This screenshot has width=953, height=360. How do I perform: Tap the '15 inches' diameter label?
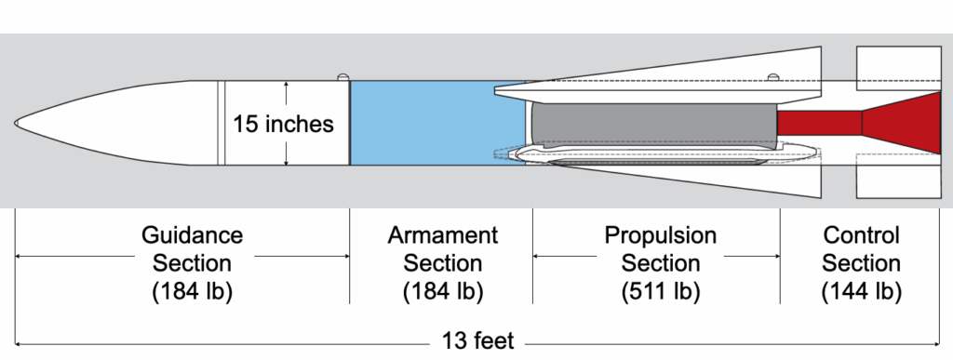tap(285, 123)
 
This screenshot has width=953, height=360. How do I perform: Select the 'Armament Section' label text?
tap(442, 248)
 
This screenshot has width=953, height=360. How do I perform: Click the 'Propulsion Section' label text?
tap(660, 248)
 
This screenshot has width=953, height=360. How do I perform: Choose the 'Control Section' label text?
tap(861, 248)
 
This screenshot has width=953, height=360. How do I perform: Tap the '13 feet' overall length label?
tap(478, 341)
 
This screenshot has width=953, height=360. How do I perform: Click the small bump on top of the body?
tap(342, 77)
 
